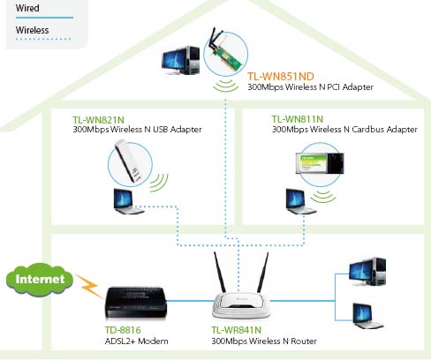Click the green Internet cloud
[40, 279]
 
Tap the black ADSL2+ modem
[136, 303]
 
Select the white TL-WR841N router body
[241, 304]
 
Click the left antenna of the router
[219, 272]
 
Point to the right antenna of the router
[263, 272]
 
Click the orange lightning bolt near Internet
[87, 285]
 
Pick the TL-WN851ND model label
[281, 77]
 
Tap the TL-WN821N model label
[98, 120]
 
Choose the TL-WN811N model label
[298, 119]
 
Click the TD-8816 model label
[123, 330]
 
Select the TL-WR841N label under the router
[237, 330]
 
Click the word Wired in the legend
[27, 8]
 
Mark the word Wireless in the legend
[33, 30]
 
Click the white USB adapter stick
[128, 161]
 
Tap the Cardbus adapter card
[320, 163]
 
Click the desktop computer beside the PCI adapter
[181, 60]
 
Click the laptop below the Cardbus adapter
[300, 201]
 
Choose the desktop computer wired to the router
[367, 272]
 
